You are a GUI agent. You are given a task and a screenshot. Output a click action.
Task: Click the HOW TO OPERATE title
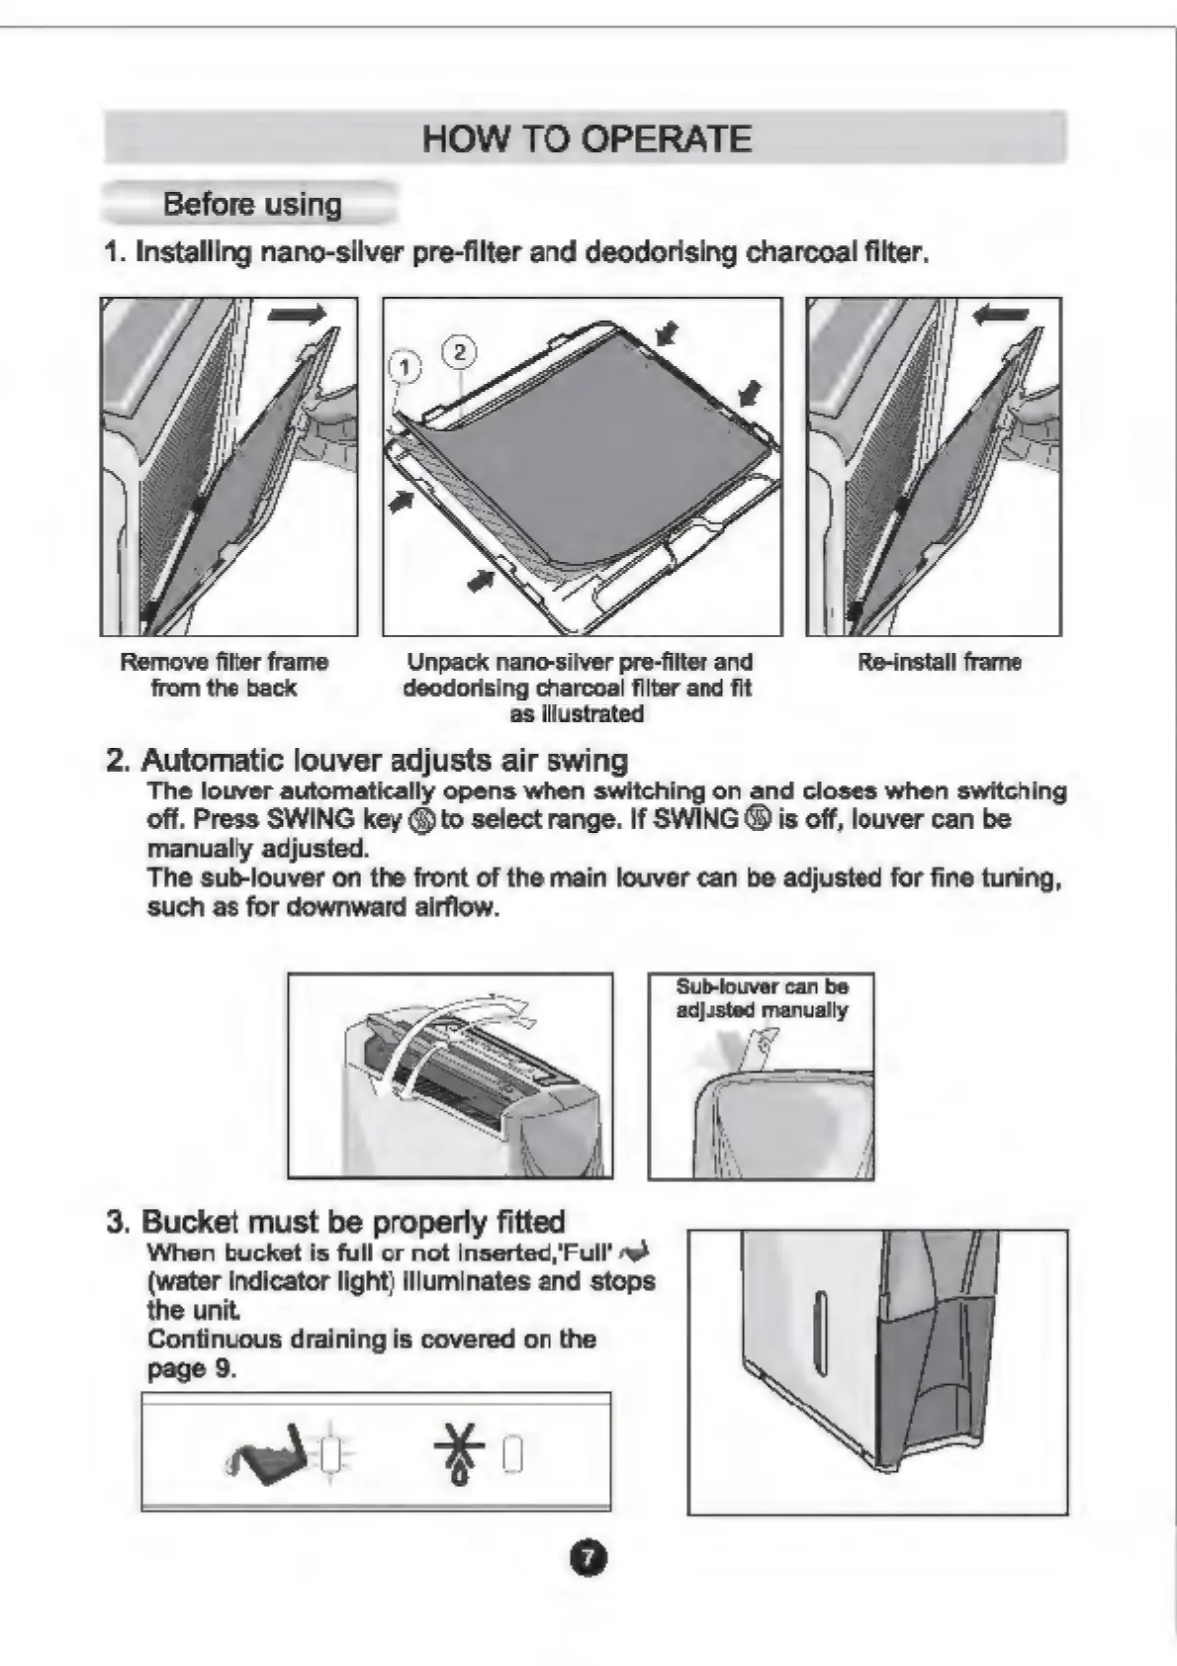pyautogui.click(x=587, y=139)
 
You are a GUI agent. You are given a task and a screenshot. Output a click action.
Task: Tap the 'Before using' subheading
pyautogui.click(x=252, y=204)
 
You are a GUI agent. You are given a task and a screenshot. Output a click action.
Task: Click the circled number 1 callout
pyautogui.click(x=404, y=367)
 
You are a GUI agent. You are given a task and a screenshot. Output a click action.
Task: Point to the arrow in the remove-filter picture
pyautogui.click(x=297, y=315)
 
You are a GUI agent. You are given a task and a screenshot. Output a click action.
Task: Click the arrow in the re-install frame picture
pyautogui.click(x=1001, y=316)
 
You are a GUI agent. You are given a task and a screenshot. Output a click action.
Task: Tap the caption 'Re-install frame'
pyautogui.click(x=939, y=662)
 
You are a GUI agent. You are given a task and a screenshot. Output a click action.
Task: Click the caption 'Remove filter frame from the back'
pyautogui.click(x=224, y=675)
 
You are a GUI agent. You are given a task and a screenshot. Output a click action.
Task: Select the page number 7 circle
pyautogui.click(x=588, y=1558)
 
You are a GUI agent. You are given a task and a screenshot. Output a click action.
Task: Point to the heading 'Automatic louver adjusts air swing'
pyautogui.click(x=384, y=760)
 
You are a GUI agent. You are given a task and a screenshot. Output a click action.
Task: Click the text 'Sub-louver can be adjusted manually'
pyautogui.click(x=762, y=998)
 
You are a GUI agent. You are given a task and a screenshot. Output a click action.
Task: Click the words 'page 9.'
pyautogui.click(x=192, y=1368)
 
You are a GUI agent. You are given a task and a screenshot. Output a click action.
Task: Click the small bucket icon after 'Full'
pyautogui.click(x=635, y=1253)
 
